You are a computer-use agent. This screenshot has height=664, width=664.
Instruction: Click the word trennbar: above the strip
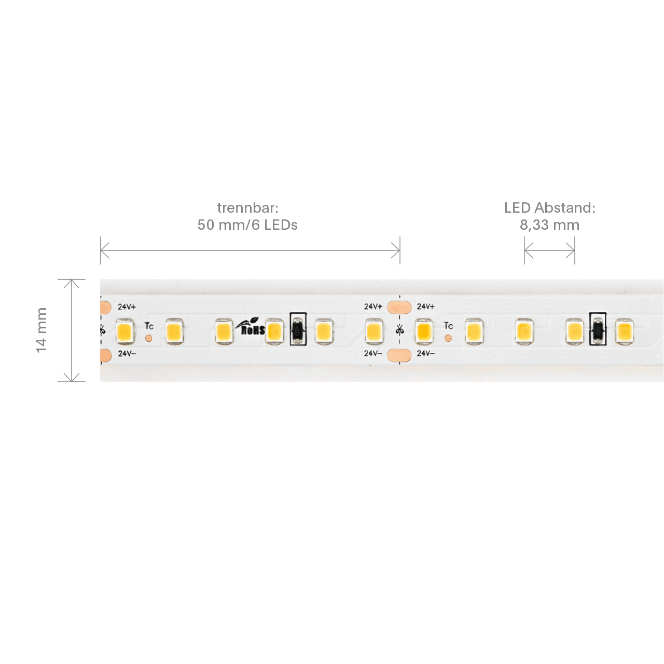[247, 208]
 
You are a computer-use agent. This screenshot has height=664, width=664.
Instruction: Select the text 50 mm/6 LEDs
[247, 225]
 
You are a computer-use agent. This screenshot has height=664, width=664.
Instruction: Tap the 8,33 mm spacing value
[549, 225]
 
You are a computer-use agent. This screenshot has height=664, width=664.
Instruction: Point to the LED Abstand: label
[549, 208]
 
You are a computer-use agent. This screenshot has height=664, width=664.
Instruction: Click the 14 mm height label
[41, 330]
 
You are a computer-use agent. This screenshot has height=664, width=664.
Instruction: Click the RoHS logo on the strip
[251, 328]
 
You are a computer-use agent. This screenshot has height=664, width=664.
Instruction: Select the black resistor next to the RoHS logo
[298, 329]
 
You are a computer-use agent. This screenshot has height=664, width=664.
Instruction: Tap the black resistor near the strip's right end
[598, 329]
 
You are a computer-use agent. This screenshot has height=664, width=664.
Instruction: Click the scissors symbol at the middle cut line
[400, 330]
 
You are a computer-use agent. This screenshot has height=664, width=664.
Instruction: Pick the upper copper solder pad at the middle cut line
[399, 307]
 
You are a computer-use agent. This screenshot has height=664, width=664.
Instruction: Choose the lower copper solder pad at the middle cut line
[399, 355]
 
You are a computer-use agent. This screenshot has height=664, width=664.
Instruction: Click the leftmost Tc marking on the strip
[149, 326]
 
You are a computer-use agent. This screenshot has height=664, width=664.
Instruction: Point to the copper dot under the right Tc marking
[448, 338]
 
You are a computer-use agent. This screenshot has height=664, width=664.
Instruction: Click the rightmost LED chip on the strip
[624, 331]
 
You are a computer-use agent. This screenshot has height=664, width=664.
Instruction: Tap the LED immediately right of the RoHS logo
[274, 331]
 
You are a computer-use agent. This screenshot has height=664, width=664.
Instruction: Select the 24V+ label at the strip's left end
[127, 307]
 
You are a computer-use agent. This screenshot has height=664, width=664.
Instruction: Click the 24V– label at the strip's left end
[127, 354]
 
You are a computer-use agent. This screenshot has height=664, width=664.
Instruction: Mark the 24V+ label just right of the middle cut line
[425, 307]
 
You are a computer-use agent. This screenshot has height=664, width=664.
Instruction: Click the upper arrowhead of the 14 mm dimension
[71, 283]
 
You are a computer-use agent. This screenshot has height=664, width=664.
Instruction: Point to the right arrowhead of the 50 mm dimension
[396, 250]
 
